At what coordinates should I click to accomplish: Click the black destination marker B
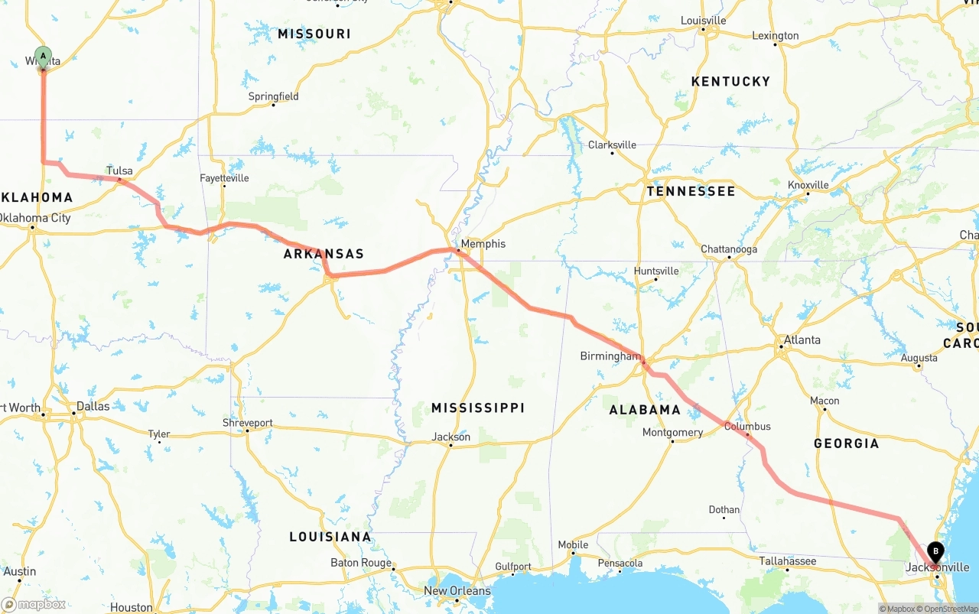[935, 551]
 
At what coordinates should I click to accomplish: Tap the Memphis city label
[483, 244]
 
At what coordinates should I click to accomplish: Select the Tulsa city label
[119, 171]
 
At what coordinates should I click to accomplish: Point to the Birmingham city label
[610, 356]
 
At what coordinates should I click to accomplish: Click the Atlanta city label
[802, 340]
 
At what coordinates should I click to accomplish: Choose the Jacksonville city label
[937, 567]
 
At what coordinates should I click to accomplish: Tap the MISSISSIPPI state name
[478, 408]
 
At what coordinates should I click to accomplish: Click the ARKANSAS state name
[324, 254]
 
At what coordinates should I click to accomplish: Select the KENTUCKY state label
[730, 82]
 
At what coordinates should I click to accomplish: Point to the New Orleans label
[457, 591]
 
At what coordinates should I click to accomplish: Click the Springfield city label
[273, 96]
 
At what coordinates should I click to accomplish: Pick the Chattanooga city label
[729, 249]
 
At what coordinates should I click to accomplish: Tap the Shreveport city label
[247, 423]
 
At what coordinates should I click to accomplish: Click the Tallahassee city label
[787, 561]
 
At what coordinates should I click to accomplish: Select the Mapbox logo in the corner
[34, 604]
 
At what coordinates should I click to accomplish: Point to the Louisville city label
[703, 21]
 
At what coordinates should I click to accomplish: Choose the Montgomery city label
[672, 433]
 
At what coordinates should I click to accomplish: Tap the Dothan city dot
[724, 518]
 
